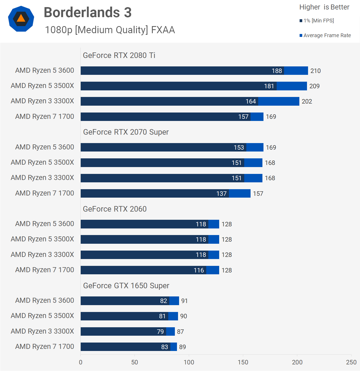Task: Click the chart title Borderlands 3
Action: (88, 12)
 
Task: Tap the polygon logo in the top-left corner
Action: (21, 19)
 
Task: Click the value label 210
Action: (315, 71)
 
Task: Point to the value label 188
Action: (277, 71)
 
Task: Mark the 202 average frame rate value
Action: (307, 101)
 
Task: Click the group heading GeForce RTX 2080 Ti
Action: (119, 55)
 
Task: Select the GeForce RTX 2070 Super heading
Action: (126, 132)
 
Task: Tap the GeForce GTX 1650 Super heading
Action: (126, 286)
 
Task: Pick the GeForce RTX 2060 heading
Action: (115, 209)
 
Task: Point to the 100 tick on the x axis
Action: (189, 362)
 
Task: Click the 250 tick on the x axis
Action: (351, 362)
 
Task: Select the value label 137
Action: (221, 194)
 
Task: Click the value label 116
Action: (199, 270)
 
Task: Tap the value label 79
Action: (160, 332)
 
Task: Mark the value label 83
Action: (165, 347)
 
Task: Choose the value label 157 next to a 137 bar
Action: (258, 194)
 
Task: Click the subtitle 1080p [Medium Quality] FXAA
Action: (110, 30)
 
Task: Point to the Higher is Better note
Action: (324, 7)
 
